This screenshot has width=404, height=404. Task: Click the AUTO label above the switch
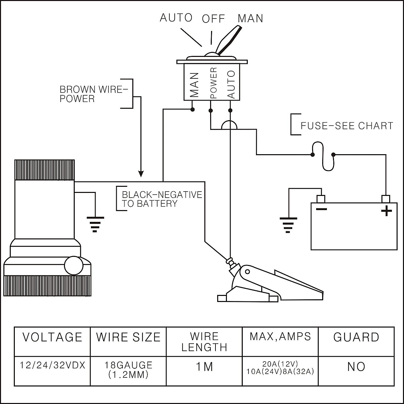[176, 18]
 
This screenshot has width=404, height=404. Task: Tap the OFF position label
[213, 19]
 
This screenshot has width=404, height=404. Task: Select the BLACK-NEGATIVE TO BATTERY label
[162, 199]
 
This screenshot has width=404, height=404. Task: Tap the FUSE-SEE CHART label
[347, 126]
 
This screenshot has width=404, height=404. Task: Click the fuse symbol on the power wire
[323, 156]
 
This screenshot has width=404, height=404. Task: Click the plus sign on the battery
[386, 211]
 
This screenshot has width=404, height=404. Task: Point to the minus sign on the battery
[322, 209]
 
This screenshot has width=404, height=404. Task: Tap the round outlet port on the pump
[74, 266]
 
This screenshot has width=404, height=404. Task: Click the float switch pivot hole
[247, 271]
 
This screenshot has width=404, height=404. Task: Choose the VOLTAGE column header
[52, 337]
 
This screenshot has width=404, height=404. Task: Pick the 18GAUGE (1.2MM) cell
[128, 370]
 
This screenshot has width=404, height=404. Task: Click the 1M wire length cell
[204, 367]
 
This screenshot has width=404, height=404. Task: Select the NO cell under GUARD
[356, 367]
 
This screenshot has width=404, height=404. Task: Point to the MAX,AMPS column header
[280, 336]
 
